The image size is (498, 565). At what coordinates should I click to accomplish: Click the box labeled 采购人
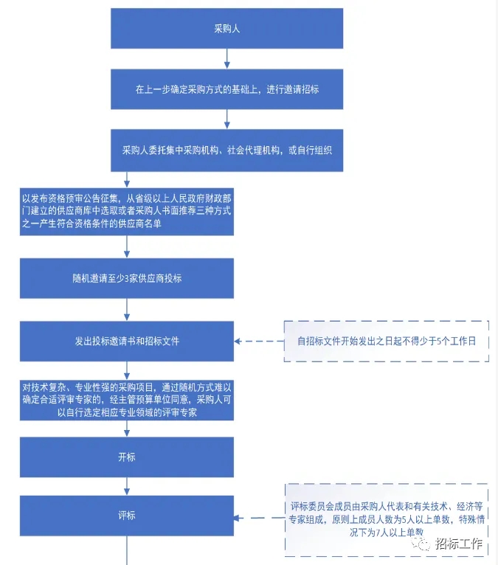tap(226, 29)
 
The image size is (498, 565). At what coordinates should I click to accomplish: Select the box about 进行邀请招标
tap(226, 89)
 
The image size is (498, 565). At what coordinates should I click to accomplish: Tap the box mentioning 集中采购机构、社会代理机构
tap(226, 150)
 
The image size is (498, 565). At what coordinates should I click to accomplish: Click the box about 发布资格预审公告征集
tap(127, 212)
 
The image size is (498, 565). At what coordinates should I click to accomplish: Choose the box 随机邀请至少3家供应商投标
tap(127, 278)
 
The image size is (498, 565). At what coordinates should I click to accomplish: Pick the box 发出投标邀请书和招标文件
tap(127, 342)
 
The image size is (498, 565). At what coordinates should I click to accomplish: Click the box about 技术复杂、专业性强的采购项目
tap(127, 401)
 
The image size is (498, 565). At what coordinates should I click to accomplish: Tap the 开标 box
tap(127, 457)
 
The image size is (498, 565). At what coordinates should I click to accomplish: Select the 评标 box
tap(127, 516)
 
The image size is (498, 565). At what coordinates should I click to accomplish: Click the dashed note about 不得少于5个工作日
tap(387, 342)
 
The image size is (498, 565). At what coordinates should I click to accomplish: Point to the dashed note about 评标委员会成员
tap(387, 519)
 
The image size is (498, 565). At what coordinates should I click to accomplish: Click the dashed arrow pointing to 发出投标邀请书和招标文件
tap(259, 342)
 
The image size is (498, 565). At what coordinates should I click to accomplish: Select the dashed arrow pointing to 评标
tap(259, 517)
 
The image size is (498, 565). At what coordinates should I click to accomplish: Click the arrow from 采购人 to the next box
tap(226, 58)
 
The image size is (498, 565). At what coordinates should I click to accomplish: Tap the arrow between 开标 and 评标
tap(127, 486)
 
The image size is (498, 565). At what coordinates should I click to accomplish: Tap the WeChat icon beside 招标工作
tap(423, 544)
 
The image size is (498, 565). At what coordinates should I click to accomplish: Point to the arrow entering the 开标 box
tap(127, 429)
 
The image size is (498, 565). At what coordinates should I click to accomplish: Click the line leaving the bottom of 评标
tap(127, 550)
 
